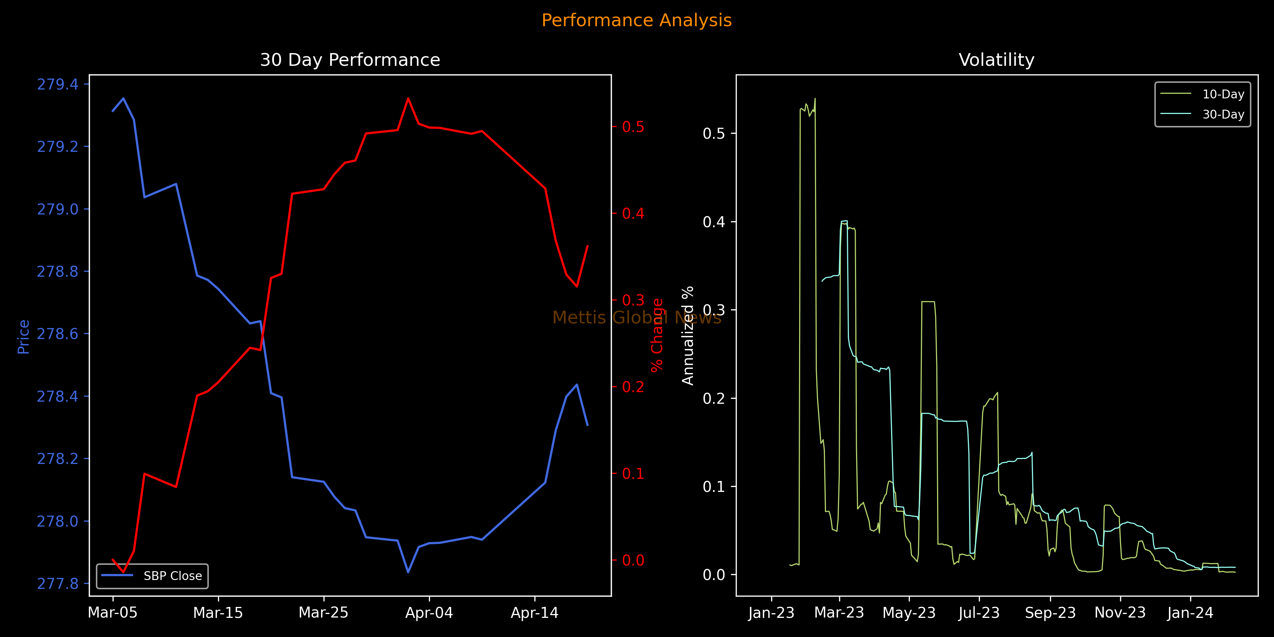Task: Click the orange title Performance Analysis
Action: tap(637, 20)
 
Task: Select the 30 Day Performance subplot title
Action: tap(350, 60)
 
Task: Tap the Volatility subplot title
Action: tap(996, 60)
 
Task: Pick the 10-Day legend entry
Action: tap(1223, 94)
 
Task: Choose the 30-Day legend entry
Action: tap(1223, 114)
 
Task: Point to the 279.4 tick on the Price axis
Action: tap(57, 85)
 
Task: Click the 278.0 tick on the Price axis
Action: tap(57, 521)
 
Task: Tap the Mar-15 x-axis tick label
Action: tap(218, 613)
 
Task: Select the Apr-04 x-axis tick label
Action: tap(429, 613)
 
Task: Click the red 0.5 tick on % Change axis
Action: tap(633, 127)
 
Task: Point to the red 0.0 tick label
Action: tap(633, 560)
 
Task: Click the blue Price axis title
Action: tap(23, 337)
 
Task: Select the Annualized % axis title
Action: tap(688, 335)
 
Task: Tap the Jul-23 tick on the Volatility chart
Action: tap(979, 613)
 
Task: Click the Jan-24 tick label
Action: tap(1190, 613)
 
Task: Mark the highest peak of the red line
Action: tap(408, 98)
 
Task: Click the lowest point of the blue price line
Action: tap(408, 572)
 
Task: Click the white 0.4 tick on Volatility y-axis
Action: tap(714, 222)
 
